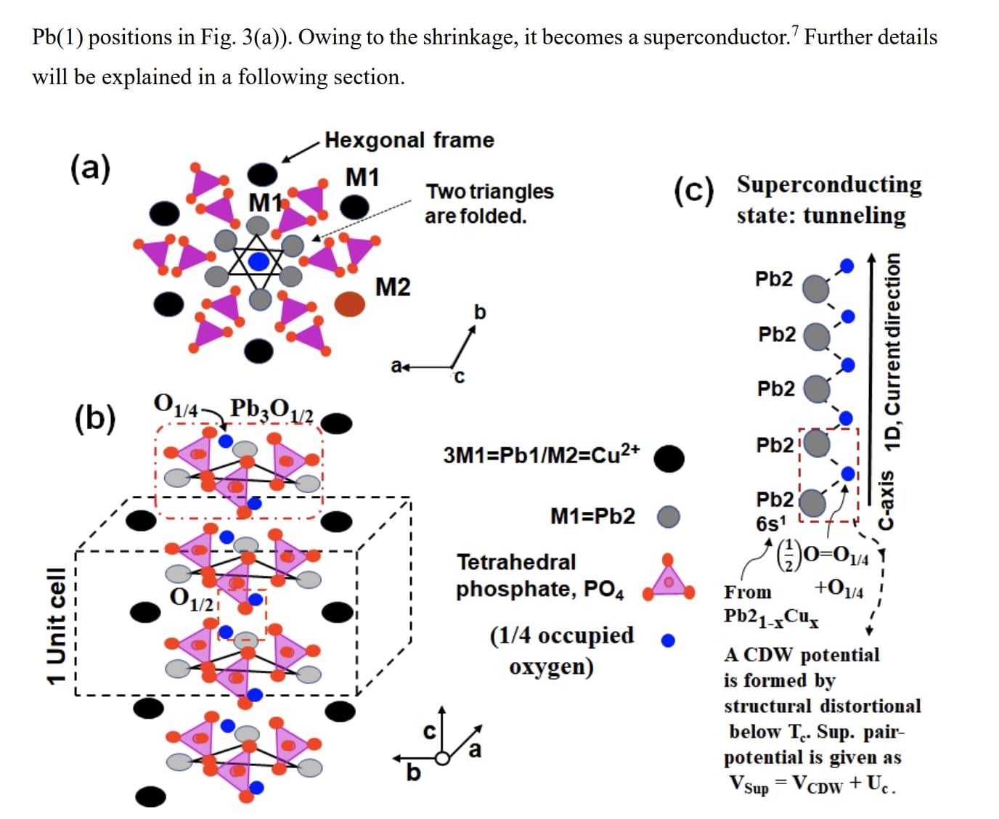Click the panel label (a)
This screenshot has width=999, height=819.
pyautogui.click(x=90, y=168)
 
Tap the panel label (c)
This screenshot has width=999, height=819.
pyautogui.click(x=693, y=190)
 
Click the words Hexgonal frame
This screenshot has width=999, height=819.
pyautogui.click(x=409, y=139)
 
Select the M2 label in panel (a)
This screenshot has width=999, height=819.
pyautogui.click(x=392, y=287)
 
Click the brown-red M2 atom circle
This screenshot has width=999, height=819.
pyautogui.click(x=350, y=303)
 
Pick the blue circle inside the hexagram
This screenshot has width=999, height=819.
pyautogui.click(x=258, y=261)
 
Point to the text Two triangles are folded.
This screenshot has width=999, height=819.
pyautogui.click(x=489, y=203)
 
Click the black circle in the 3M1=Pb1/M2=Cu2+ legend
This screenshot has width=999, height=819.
pyautogui.click(x=669, y=458)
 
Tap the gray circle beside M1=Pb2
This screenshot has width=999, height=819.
pyautogui.click(x=668, y=516)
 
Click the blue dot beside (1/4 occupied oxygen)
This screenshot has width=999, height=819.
pyautogui.click(x=668, y=640)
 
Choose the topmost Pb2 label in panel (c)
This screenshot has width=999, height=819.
pyautogui.click(x=774, y=279)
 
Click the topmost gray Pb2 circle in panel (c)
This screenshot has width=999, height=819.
pyautogui.click(x=816, y=288)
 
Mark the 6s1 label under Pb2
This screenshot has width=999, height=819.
pyautogui.click(x=771, y=523)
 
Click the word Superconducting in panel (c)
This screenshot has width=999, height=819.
pyautogui.click(x=829, y=184)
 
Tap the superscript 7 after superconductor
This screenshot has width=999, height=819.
pyautogui.click(x=795, y=30)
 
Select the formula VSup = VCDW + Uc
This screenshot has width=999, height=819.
pyautogui.click(x=812, y=785)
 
